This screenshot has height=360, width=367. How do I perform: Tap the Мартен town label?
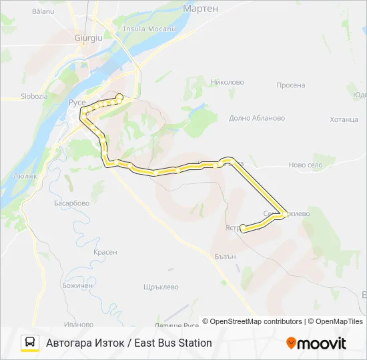point(200,9)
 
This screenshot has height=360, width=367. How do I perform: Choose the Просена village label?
point(290,85)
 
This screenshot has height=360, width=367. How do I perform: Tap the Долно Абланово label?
point(257,118)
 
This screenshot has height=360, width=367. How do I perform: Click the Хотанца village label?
point(344,120)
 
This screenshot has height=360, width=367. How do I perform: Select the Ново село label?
point(306,165)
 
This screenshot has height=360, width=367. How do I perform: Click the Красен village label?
point(105,252)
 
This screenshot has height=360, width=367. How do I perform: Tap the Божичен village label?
point(77,285)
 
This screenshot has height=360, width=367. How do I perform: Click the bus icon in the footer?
point(30,343)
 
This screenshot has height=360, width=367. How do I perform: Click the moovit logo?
point(316,343)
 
